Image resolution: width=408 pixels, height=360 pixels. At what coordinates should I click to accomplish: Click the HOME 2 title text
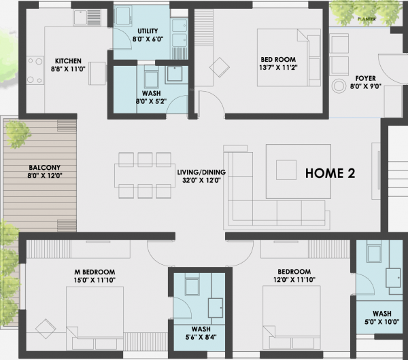pyautogui.click(x=330, y=173)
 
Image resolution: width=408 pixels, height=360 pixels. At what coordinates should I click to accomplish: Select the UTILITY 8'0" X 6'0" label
pyautogui.click(x=148, y=35)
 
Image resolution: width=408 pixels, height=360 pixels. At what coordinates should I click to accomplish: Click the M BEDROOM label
pyautogui.click(x=95, y=272)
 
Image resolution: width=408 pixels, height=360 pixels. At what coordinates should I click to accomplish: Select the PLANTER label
pyautogui.click(x=368, y=20)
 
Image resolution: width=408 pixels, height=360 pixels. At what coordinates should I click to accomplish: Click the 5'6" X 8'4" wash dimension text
pyautogui.click(x=197, y=336)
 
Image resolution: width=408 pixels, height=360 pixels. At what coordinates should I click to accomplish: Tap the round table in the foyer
pyautogui.click(x=339, y=88)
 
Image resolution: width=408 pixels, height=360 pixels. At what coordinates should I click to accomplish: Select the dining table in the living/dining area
pyautogui.click(x=144, y=176)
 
